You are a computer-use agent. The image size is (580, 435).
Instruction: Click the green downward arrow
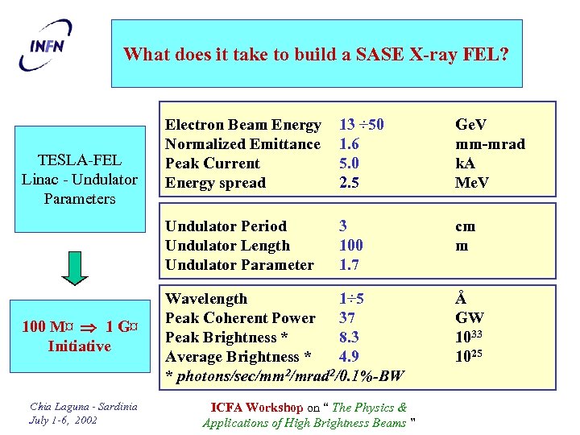(74, 268)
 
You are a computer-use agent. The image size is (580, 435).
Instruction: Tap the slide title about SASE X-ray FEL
(316, 55)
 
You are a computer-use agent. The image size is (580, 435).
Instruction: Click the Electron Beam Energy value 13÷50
(362, 125)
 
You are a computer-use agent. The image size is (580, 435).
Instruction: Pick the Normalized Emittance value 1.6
(349, 144)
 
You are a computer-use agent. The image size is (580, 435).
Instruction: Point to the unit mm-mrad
(490, 144)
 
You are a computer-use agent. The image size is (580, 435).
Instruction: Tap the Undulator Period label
(226, 226)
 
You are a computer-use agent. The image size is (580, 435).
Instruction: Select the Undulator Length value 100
(351, 246)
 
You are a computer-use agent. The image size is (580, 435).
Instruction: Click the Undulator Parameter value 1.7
(349, 265)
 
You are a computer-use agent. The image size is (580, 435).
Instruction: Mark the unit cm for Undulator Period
(466, 226)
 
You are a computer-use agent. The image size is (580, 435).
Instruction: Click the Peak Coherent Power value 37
(348, 318)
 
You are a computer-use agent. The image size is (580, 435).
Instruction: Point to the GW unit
(470, 318)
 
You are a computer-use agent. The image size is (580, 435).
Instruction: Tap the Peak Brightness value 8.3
(349, 338)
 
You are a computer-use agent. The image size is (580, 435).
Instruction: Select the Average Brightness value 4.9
(349, 357)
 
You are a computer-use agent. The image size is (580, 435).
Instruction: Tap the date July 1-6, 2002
(62, 420)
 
